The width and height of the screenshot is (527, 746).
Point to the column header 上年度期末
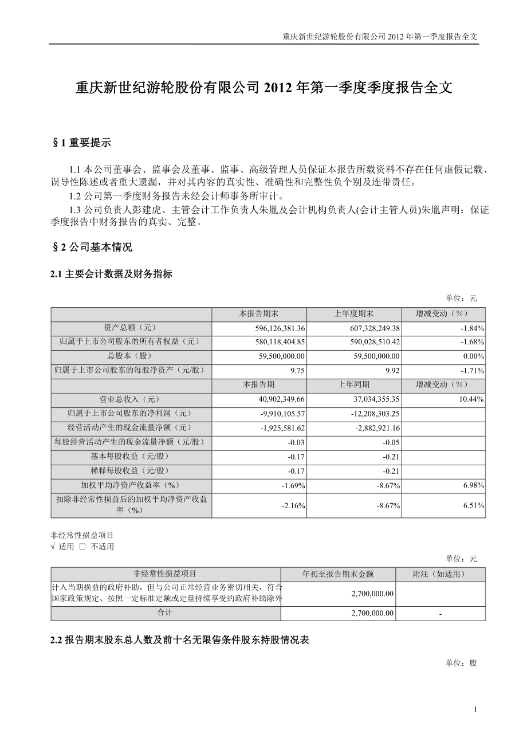(x=353, y=314)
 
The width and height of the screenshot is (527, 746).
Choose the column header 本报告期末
(x=259, y=314)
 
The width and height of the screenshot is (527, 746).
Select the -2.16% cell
(x=294, y=505)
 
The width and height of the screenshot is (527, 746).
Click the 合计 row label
(x=166, y=612)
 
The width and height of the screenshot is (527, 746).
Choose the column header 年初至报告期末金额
(x=338, y=574)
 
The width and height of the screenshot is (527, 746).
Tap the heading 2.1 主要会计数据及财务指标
(x=111, y=274)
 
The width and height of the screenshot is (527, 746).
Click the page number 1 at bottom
(x=475, y=709)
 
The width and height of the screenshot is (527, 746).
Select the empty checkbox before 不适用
(x=82, y=547)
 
